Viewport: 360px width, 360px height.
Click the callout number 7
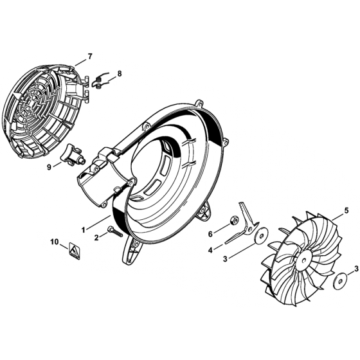[90, 56]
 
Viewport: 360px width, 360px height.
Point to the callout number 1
[84, 228]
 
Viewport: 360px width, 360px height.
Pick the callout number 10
[55, 243]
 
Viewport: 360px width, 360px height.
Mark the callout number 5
[346, 210]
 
